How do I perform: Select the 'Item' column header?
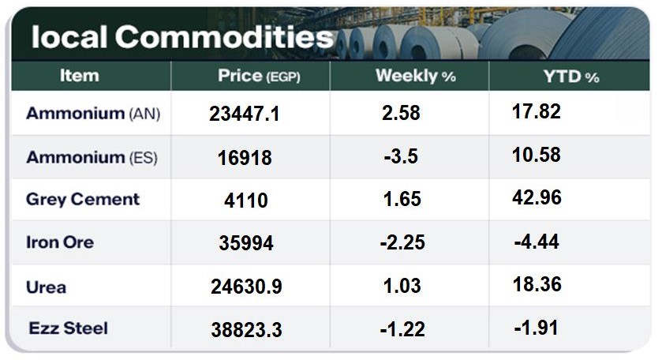(x=79, y=76)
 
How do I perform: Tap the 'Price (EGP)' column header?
(x=259, y=76)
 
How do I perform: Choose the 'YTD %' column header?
(x=570, y=76)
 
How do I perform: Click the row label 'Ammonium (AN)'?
(x=93, y=114)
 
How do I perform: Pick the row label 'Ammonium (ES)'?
(x=92, y=157)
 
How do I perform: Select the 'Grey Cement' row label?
(x=83, y=199)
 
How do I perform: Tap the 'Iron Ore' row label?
(x=60, y=242)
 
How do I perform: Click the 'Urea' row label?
(x=46, y=287)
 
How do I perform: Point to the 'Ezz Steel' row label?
(x=69, y=327)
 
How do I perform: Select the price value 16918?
(x=245, y=158)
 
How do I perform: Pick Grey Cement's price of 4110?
(x=245, y=201)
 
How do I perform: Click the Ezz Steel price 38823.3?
(x=246, y=329)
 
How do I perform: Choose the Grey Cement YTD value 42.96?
(x=536, y=197)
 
